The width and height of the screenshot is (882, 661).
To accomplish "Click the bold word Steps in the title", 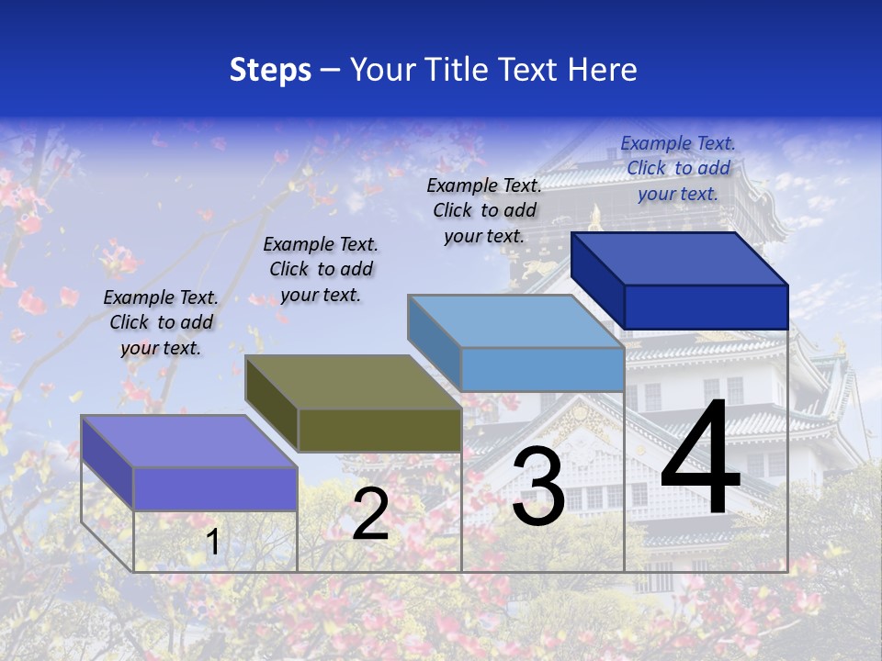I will point(270,70).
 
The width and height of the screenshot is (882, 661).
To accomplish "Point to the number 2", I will point(370,515).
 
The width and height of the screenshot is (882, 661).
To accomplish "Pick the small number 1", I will point(213,543).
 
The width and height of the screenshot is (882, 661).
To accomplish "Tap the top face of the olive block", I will point(354,381).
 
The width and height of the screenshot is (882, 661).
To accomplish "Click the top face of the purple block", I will point(189,441).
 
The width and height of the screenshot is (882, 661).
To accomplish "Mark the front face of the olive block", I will point(379,430).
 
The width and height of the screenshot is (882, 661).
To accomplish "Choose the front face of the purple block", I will point(215,488).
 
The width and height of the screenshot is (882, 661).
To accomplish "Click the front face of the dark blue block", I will point(706,307).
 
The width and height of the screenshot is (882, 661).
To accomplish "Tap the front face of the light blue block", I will point(542,369).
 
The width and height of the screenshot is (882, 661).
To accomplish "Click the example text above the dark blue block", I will point(678,168).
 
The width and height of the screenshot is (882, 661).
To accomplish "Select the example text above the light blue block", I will point(484,210).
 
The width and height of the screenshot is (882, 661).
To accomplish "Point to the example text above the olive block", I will point(321,269).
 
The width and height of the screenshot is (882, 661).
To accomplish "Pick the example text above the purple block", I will point(161,322).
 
